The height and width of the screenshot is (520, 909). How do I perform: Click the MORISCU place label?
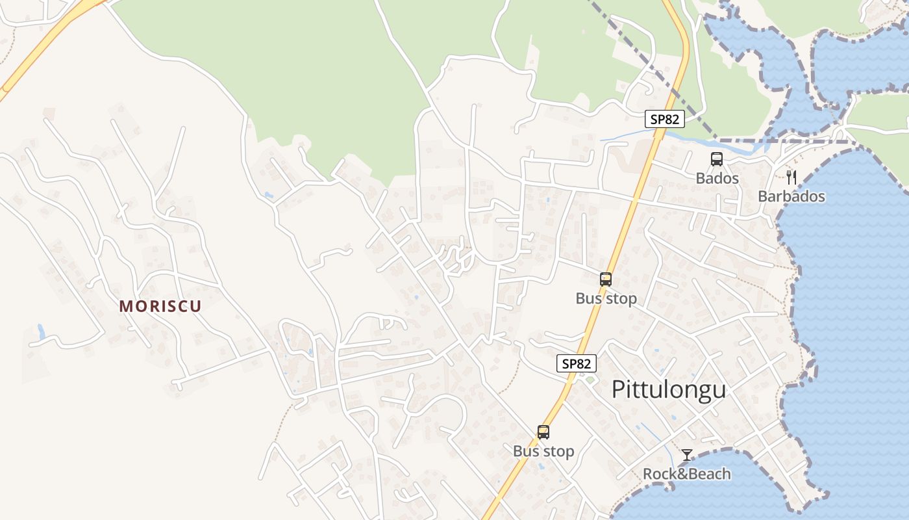[160, 306]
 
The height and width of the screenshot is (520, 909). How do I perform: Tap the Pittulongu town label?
[669, 389]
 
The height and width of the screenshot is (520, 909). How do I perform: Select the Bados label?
[717, 178]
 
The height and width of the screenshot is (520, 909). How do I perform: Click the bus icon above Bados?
[717, 159]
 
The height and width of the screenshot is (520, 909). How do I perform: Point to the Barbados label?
[791, 196]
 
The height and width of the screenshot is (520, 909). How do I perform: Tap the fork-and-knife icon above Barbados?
[791, 177]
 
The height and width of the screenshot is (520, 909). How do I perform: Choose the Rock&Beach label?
[686, 474]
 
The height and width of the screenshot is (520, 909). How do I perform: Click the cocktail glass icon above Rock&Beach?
[687, 454]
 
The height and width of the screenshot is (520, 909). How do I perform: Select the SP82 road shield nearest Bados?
[665, 119]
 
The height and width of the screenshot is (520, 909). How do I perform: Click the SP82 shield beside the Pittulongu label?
[576, 364]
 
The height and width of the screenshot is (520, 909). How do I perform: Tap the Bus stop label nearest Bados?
[606, 298]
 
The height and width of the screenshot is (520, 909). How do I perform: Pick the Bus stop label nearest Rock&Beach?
[543, 451]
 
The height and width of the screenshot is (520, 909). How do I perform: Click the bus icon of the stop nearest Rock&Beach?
[543, 432]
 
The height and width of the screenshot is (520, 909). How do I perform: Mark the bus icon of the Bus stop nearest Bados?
[606, 279]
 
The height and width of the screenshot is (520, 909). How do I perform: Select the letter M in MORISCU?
[126, 306]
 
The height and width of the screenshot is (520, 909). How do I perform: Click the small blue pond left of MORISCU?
[41, 332]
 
